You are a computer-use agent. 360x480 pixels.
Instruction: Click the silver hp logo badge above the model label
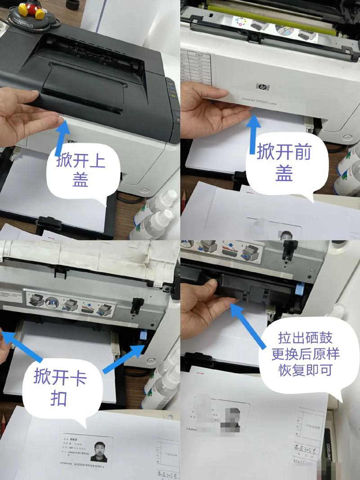[x=262, y=87]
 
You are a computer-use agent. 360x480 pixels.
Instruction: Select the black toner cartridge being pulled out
[x=252, y=288]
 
